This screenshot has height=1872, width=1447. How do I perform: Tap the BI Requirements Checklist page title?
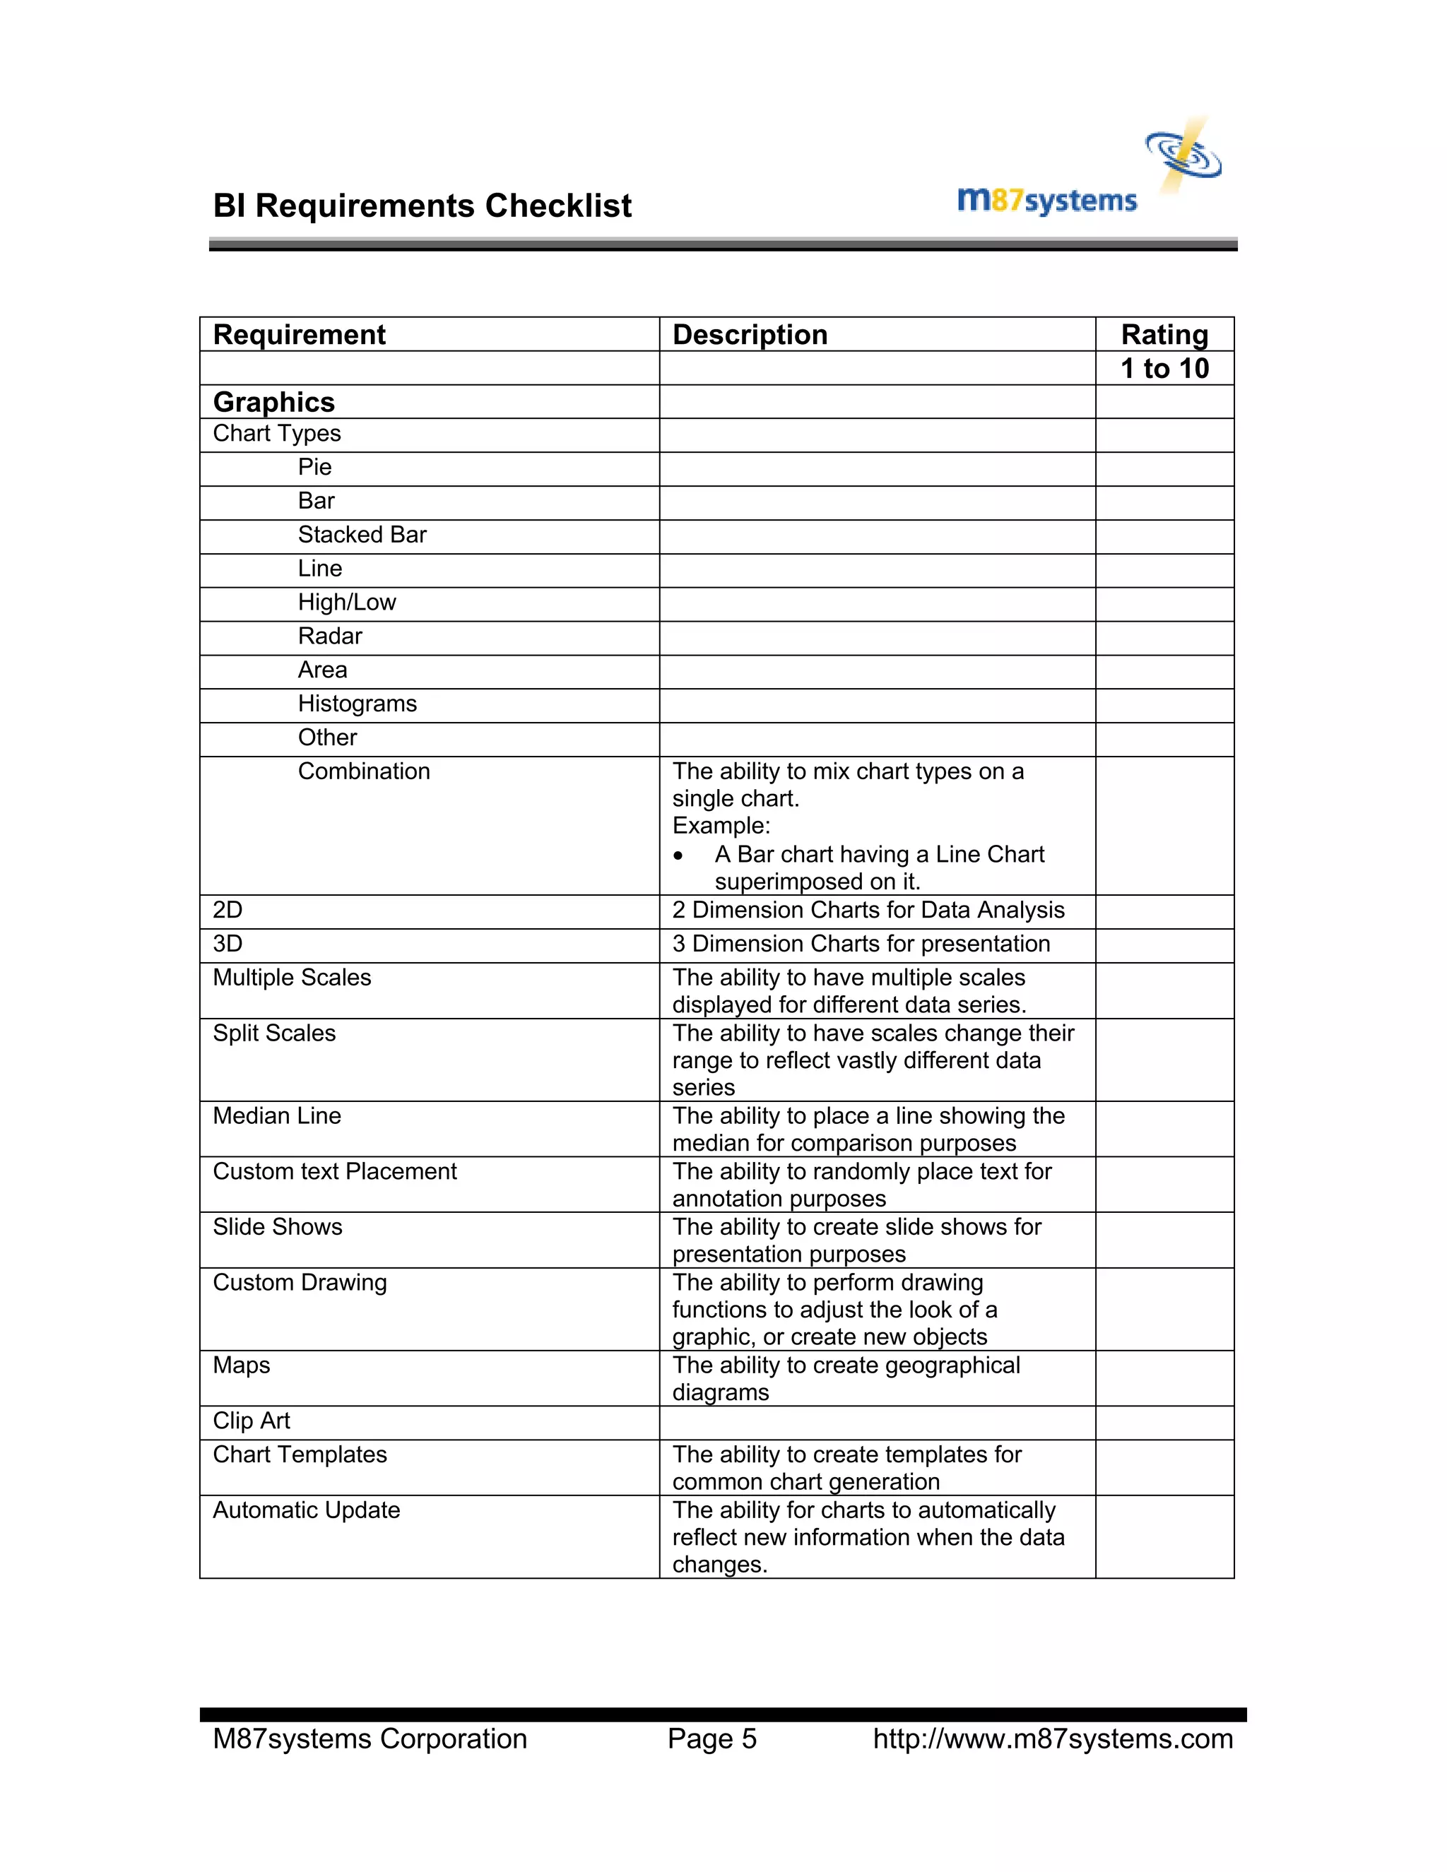pos(422,206)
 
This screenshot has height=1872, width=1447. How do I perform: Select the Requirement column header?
pos(299,334)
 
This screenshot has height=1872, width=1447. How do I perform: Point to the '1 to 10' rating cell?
pos(1164,369)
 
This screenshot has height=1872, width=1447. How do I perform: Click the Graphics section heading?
pos(273,402)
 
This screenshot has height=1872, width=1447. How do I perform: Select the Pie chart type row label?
pos(314,467)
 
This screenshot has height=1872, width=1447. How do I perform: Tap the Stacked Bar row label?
pos(362,535)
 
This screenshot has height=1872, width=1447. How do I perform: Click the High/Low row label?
pos(346,603)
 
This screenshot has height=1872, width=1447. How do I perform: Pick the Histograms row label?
pos(357,704)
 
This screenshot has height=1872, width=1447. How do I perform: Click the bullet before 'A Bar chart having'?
pos(678,855)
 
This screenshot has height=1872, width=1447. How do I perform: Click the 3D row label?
pos(228,944)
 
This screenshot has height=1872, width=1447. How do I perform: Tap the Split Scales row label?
pos(273,1033)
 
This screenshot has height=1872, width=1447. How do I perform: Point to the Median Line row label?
pos(276,1116)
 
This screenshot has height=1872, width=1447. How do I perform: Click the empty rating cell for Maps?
pos(1164,1378)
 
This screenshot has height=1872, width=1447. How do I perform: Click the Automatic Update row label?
pos(306,1510)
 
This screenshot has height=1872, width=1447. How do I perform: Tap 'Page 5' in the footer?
pos(711,1739)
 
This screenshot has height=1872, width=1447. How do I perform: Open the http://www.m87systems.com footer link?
pos(1052,1739)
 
